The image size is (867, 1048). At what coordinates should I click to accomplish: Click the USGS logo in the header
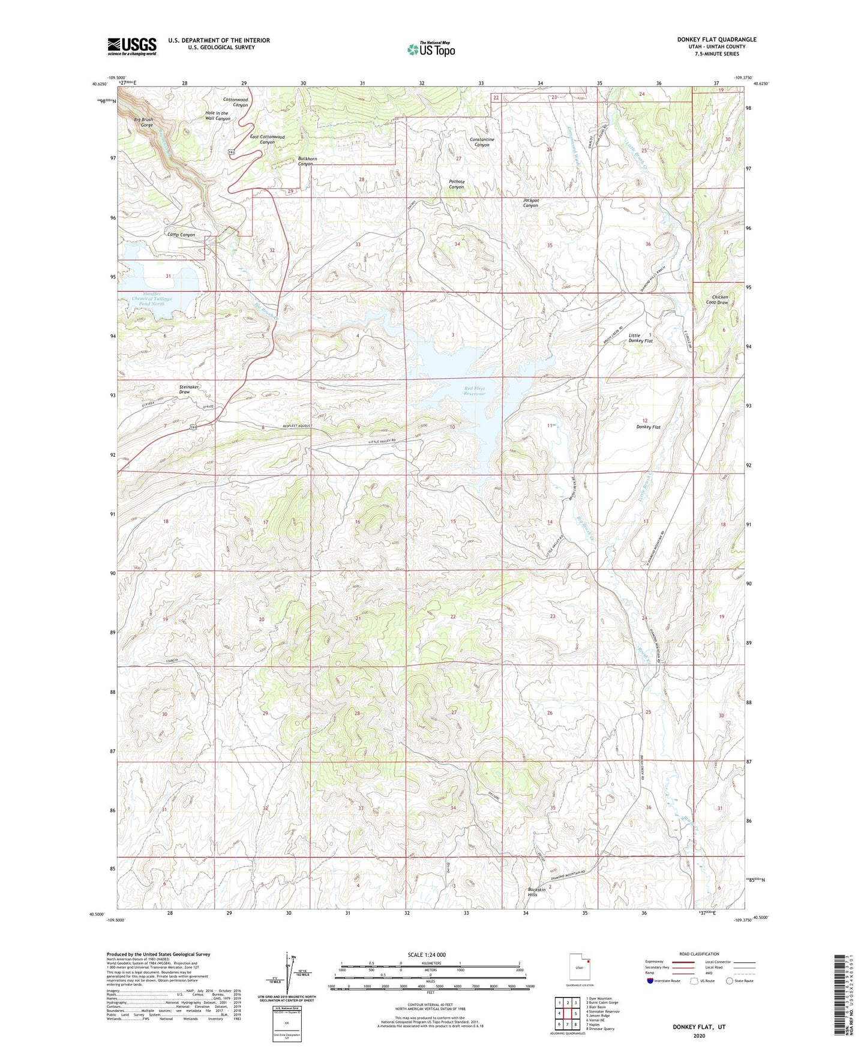(132, 46)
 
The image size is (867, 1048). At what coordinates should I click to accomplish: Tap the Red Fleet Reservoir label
(474, 392)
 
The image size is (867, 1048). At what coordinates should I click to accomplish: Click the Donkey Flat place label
(648, 427)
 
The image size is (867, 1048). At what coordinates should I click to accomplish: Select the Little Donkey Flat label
(640, 338)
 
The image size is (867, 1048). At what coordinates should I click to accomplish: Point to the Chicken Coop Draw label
(719, 300)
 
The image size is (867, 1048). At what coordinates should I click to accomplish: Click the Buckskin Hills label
(536, 892)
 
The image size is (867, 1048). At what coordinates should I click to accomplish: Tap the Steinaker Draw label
(193, 390)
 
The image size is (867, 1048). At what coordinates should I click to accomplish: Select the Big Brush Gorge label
(143, 122)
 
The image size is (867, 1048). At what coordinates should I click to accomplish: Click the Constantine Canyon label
(482, 142)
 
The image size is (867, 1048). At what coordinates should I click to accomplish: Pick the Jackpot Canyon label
(530, 203)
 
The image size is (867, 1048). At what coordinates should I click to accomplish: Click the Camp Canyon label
(181, 235)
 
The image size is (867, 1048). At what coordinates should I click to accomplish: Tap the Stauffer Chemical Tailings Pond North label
(151, 298)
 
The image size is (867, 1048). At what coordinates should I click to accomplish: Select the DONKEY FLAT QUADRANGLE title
(716, 40)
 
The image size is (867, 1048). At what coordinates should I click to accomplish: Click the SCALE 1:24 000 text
(427, 955)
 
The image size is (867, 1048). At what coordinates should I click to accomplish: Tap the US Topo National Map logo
(431, 49)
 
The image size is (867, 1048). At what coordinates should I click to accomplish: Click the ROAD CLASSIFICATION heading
(700, 954)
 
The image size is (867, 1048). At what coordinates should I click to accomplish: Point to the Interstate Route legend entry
(667, 981)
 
